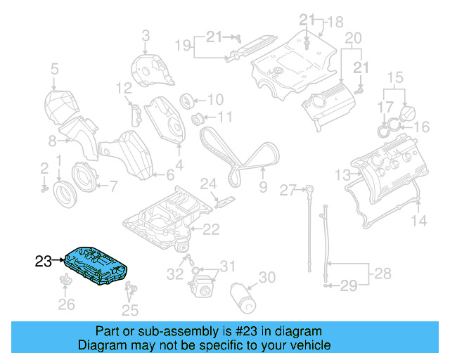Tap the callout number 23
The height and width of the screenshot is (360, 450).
[x=43, y=262]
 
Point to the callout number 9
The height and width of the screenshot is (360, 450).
[x=263, y=187]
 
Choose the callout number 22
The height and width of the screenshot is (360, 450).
[x=211, y=228]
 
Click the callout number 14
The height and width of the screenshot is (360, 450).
[x=418, y=221]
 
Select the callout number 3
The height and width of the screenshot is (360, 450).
[x=146, y=34]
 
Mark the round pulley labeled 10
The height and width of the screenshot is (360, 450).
[x=188, y=100]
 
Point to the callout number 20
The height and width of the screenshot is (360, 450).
[x=353, y=37]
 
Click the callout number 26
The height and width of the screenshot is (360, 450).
[x=66, y=304]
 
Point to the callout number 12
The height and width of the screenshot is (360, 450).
[x=124, y=88]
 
